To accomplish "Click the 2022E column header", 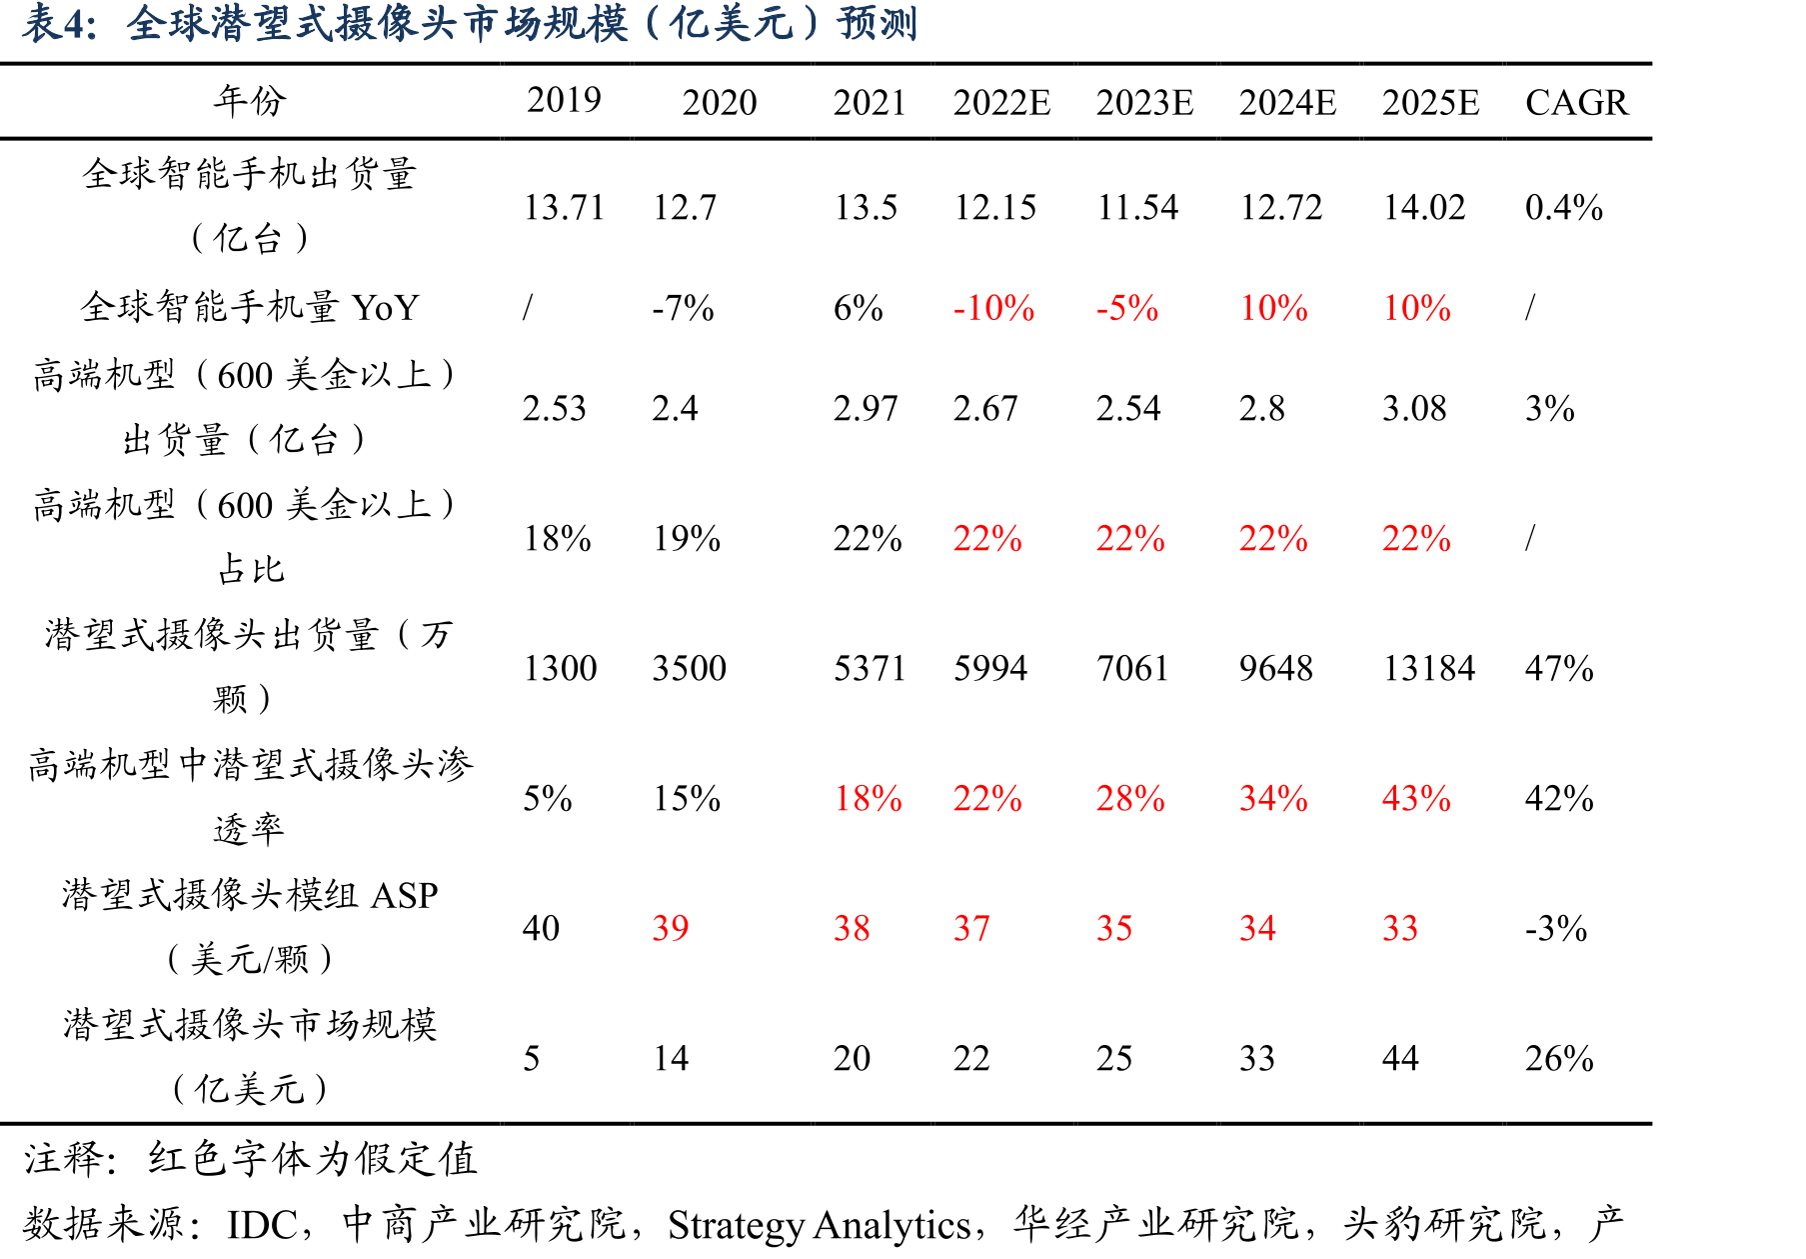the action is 1001,102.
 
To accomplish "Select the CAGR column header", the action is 1576,102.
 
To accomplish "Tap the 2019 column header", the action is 564,100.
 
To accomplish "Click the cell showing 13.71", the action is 564,207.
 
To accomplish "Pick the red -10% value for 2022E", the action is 993,308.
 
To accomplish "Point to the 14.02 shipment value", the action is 1423,207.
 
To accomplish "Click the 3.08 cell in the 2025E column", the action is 1414,408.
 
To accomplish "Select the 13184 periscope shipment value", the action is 1429,668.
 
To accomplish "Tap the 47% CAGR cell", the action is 1559,668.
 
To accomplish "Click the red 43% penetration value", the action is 1416,798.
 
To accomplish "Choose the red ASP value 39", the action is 671,928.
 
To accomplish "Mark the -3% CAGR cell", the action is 1556,928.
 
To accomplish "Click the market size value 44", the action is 1400,1058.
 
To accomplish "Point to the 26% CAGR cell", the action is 1559,1058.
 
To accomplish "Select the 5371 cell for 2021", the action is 870,668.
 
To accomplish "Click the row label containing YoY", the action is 250,306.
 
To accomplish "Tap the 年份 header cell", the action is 250,100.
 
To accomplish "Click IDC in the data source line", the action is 262,1224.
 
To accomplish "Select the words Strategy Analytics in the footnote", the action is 820,1225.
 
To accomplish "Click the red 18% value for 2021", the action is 868,798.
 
